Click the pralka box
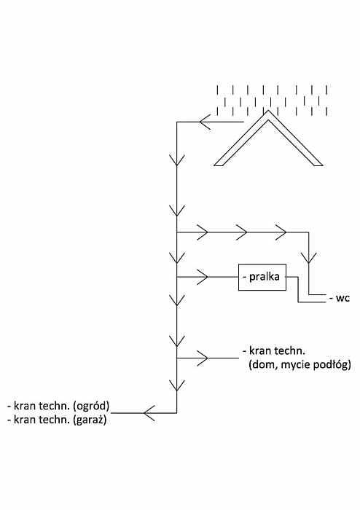[262, 277]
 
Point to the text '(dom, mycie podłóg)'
[300, 365]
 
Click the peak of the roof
[268, 111]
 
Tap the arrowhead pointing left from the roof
[205, 122]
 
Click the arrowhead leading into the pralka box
[203, 277]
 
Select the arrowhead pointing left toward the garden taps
[149, 413]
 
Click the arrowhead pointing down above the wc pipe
[308, 258]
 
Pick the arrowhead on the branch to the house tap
[203, 358]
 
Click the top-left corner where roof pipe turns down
[176, 122]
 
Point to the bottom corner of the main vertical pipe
[176, 413]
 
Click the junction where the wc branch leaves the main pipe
[176, 232]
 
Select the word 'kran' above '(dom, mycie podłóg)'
[261, 351]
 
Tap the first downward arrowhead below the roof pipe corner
[176, 160]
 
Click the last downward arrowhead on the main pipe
[176, 385]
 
